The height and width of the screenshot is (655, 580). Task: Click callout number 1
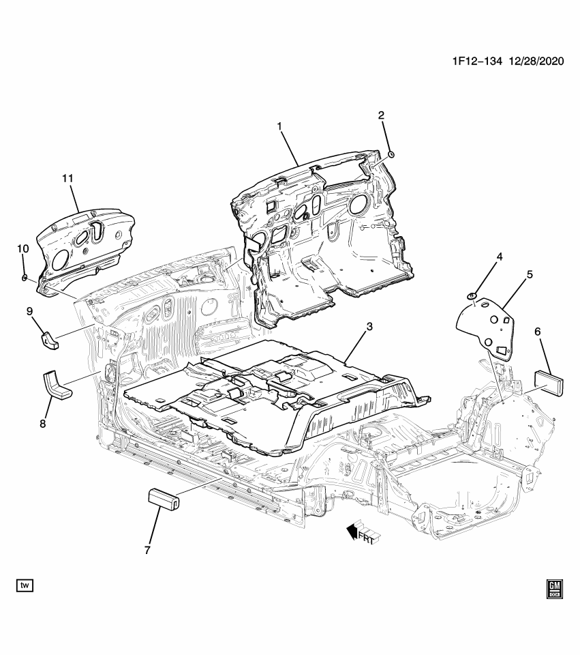[279, 126]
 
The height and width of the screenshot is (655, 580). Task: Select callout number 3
[369, 327]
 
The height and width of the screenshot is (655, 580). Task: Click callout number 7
[147, 549]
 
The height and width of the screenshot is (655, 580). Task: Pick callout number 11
[67, 178]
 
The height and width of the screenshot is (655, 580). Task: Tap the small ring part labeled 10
[25, 278]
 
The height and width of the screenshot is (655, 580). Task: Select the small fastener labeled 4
[471, 295]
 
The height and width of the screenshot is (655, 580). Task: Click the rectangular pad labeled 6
[551, 381]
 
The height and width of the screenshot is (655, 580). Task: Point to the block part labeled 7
[164, 499]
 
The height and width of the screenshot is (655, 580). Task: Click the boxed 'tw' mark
[25, 585]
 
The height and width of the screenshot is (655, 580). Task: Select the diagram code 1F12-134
[476, 61]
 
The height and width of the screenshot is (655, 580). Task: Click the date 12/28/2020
[536, 61]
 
